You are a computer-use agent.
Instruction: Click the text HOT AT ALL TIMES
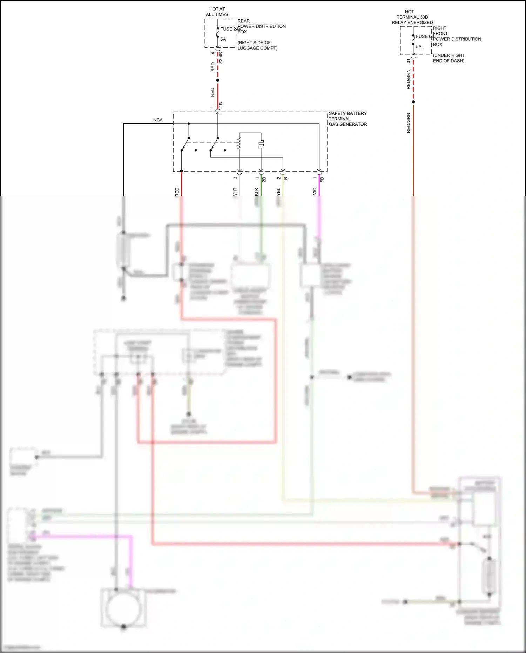pyautogui.click(x=217, y=12)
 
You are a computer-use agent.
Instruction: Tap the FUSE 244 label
pyautogui.click(x=230, y=29)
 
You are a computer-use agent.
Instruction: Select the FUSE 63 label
pyautogui.click(x=425, y=36)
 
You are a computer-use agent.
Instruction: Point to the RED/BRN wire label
pyautogui.click(x=408, y=79)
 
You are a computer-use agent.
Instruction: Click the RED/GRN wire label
pyautogui.click(x=408, y=123)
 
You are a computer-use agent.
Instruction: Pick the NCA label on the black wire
pyautogui.click(x=158, y=120)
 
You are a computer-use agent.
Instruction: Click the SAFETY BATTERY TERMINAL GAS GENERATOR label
pyautogui.click(x=348, y=119)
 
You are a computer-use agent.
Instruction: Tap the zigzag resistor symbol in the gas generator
pyautogui.click(x=240, y=143)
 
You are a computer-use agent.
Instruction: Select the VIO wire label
pyautogui.click(x=315, y=191)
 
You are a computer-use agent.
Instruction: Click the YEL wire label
pyautogui.click(x=278, y=192)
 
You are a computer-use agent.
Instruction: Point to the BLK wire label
pyautogui.click(x=257, y=192)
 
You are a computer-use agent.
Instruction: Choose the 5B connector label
pyautogui.click(x=322, y=179)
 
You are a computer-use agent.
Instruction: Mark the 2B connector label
pyautogui.click(x=264, y=179)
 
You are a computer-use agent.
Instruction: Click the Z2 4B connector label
pyautogui.click(x=221, y=58)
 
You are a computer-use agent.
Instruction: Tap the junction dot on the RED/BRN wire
pyautogui.click(x=413, y=102)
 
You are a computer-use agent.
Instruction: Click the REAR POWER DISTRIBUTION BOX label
pyautogui.click(x=261, y=26)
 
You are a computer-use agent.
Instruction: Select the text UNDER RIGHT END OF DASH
pyautogui.click(x=449, y=58)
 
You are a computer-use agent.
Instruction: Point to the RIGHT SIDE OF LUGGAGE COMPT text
pyautogui.click(x=257, y=45)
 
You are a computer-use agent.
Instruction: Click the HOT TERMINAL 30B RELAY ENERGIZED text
pyautogui.click(x=412, y=17)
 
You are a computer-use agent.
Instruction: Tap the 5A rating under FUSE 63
pyautogui.click(x=419, y=47)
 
